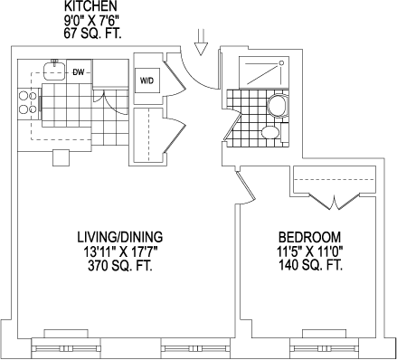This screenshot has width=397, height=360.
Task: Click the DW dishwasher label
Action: (x=79, y=72)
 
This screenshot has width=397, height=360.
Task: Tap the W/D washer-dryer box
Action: (x=147, y=81)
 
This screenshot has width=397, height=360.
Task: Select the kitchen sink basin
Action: (x=53, y=71)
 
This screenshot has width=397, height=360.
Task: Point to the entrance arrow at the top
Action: (x=201, y=42)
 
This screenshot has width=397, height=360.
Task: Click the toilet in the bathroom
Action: (x=278, y=105)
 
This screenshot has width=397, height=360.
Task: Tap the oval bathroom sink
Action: (x=269, y=132)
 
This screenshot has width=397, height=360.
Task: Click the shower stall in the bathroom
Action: (x=262, y=71)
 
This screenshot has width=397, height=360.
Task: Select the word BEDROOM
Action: (x=309, y=237)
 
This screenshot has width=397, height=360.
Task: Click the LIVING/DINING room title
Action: (x=120, y=237)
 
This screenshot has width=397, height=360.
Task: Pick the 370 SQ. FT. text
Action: (x=120, y=266)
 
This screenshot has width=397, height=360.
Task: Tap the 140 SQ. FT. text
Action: (x=310, y=266)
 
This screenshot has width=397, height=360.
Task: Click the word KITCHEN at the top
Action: (x=90, y=6)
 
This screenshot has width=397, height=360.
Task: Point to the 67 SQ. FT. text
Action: (x=92, y=33)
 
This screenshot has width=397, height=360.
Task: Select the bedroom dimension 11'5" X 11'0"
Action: (x=310, y=251)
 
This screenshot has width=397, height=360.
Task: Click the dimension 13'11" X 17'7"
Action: (x=120, y=251)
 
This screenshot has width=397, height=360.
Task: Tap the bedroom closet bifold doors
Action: (x=335, y=201)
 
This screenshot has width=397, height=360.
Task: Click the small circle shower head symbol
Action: (x=281, y=63)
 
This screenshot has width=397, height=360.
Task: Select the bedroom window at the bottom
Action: (x=324, y=348)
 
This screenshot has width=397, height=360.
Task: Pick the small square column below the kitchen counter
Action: (x=61, y=157)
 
